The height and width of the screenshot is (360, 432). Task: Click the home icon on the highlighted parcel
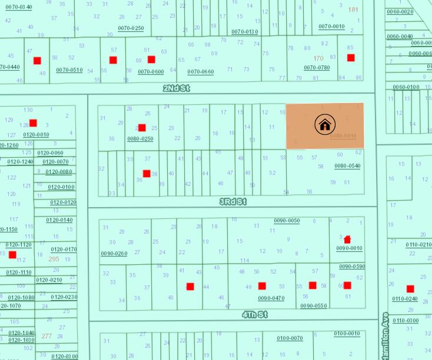(325, 124)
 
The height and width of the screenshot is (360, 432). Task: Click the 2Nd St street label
(177, 88)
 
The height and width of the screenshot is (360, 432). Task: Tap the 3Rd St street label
(233, 202)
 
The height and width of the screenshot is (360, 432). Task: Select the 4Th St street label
(255, 315)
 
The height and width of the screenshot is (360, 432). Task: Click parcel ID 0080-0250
(140, 139)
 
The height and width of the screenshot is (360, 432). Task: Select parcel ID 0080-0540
(347, 166)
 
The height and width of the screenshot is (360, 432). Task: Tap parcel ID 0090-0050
(287, 221)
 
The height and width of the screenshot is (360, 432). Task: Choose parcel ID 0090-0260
(114, 254)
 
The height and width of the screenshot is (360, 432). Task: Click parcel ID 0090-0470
(271, 298)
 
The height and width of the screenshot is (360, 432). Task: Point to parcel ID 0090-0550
(313, 306)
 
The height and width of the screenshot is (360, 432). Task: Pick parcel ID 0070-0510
(69, 70)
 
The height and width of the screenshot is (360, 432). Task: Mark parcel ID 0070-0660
(201, 72)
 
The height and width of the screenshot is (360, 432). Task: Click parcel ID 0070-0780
(317, 68)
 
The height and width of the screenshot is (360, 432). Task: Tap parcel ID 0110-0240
(406, 298)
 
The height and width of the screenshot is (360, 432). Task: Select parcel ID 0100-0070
(290, 338)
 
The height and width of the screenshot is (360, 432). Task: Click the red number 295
(54, 259)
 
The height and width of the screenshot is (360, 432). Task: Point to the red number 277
(46, 336)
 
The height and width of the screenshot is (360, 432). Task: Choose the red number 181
(353, 9)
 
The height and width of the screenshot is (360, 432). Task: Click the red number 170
(318, 58)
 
